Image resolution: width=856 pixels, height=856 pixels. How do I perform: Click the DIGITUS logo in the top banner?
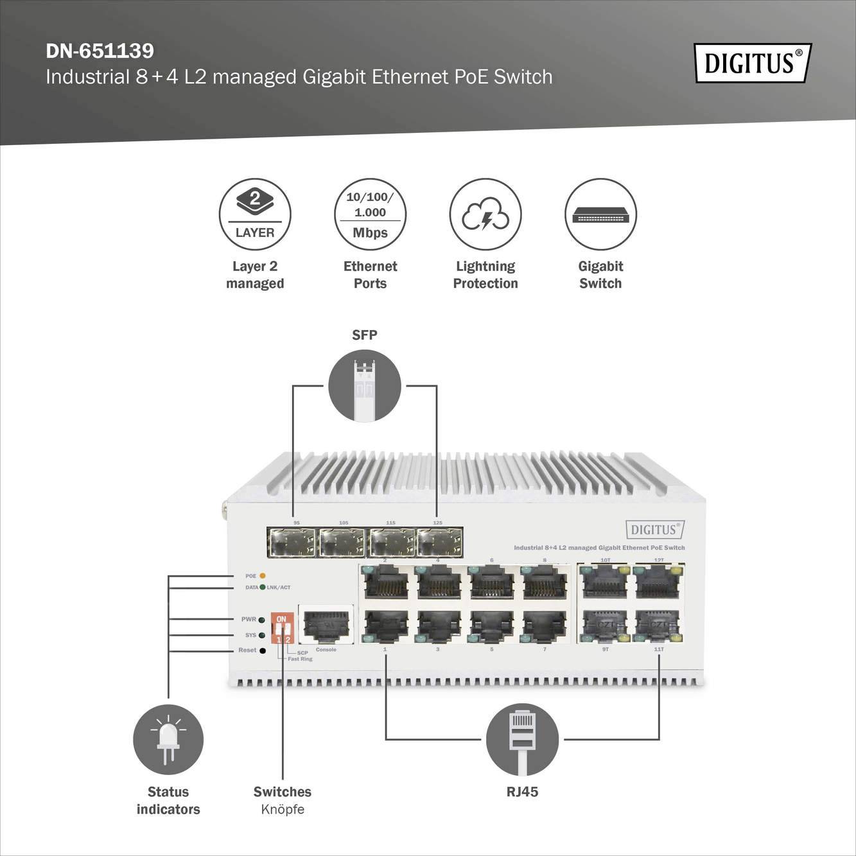tap(752, 63)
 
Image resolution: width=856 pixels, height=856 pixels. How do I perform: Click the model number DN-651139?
tap(100, 51)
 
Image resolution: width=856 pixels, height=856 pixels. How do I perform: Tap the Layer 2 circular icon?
tap(255, 214)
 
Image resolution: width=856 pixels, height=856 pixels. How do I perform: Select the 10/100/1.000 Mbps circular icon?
tap(370, 214)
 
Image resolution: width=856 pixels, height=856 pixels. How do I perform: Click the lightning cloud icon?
tap(485, 214)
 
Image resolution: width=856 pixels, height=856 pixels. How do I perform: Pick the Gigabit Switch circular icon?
tap(600, 214)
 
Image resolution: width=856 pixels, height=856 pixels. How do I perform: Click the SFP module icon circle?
tap(364, 386)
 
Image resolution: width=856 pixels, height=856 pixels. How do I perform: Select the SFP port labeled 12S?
tap(440, 543)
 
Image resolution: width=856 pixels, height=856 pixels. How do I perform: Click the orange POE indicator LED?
tap(262, 576)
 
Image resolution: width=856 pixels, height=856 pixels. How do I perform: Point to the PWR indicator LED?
tap(261, 620)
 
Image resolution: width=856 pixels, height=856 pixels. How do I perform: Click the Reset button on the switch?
tap(262, 651)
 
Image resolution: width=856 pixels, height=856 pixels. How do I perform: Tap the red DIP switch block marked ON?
tap(282, 628)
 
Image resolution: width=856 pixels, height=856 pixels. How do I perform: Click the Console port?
tap(326, 624)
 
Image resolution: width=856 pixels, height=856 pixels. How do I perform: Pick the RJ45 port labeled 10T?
tap(604, 582)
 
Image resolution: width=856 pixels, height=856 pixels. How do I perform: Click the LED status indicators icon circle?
tap(168, 740)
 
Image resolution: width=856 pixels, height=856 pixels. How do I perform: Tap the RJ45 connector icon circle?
tap(522, 740)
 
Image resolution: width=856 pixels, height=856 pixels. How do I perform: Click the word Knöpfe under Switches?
tap(283, 809)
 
